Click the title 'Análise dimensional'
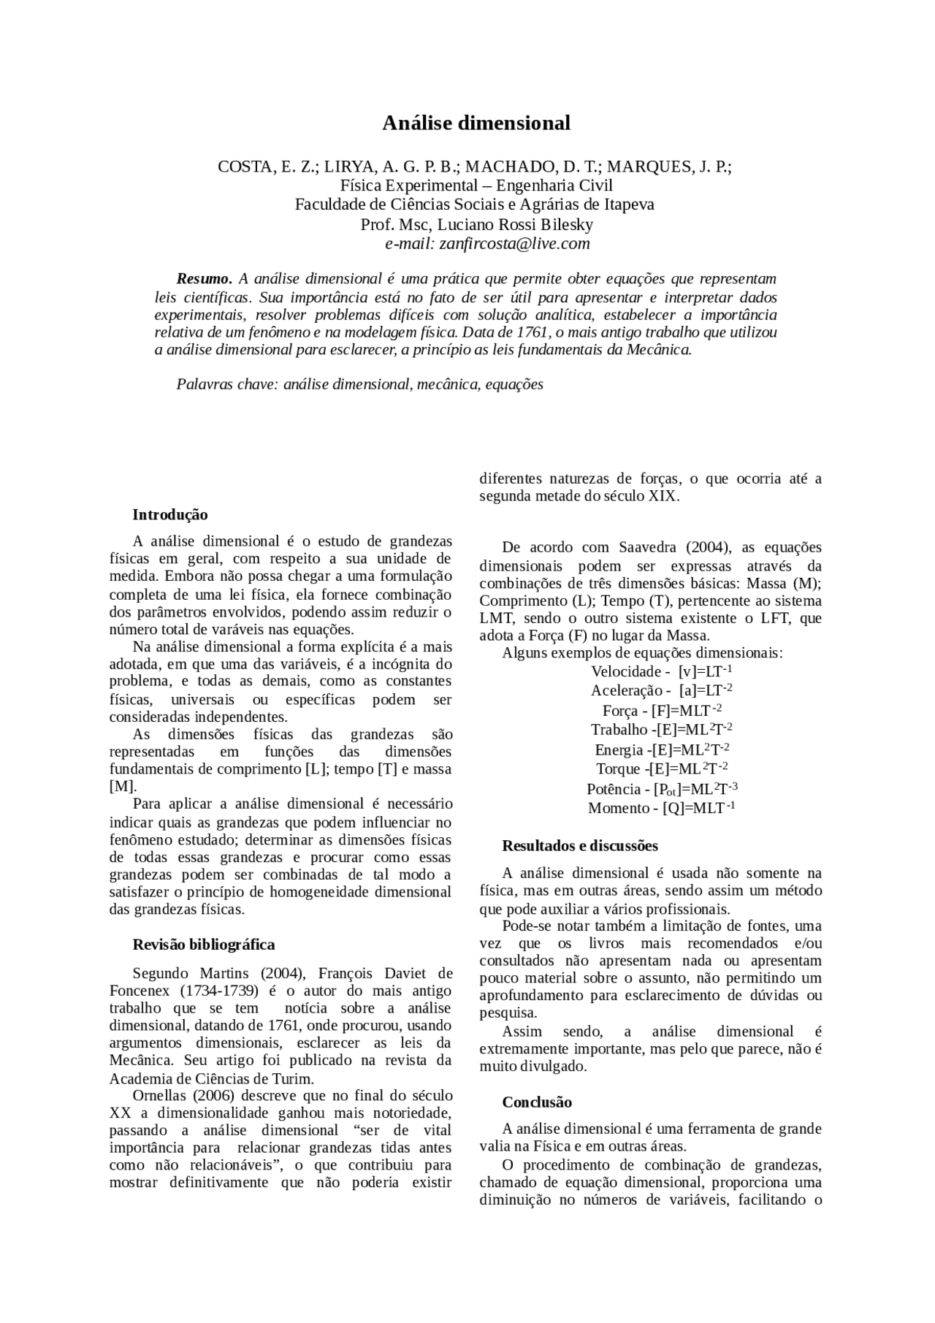476,123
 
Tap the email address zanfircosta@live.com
514,244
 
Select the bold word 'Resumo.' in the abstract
205,279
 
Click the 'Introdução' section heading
170,515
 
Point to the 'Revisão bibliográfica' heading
204,945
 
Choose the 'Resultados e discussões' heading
580,846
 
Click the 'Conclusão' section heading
537,1102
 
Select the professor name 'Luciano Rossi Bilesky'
515,224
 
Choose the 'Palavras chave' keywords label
226,384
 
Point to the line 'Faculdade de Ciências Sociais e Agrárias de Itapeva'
475,205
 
